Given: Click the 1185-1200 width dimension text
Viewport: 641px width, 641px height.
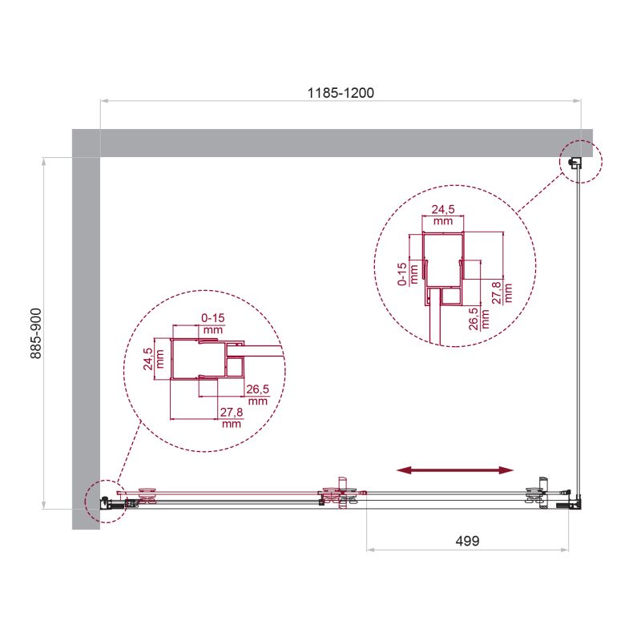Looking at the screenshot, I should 341,92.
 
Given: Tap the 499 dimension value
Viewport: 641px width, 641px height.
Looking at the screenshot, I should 467,541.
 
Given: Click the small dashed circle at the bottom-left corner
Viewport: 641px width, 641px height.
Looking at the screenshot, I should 102,502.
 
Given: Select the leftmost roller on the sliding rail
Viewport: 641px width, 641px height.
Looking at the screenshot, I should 149,498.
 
